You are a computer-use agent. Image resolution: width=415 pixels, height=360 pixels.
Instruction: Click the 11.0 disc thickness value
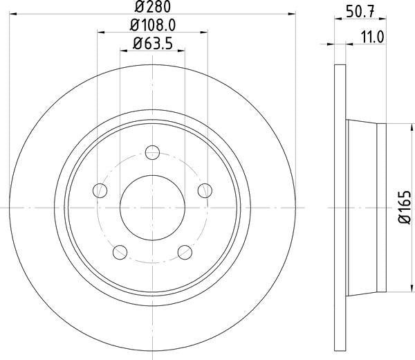click(x=372, y=37)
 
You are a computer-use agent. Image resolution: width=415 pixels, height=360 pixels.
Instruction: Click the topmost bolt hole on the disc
click(x=153, y=152)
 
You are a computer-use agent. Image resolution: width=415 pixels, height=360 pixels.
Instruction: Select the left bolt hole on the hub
click(x=101, y=190)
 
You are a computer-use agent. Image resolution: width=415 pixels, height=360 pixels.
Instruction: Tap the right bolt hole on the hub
click(x=204, y=190)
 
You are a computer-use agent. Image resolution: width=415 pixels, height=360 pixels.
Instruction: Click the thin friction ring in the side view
click(x=339, y=208)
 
